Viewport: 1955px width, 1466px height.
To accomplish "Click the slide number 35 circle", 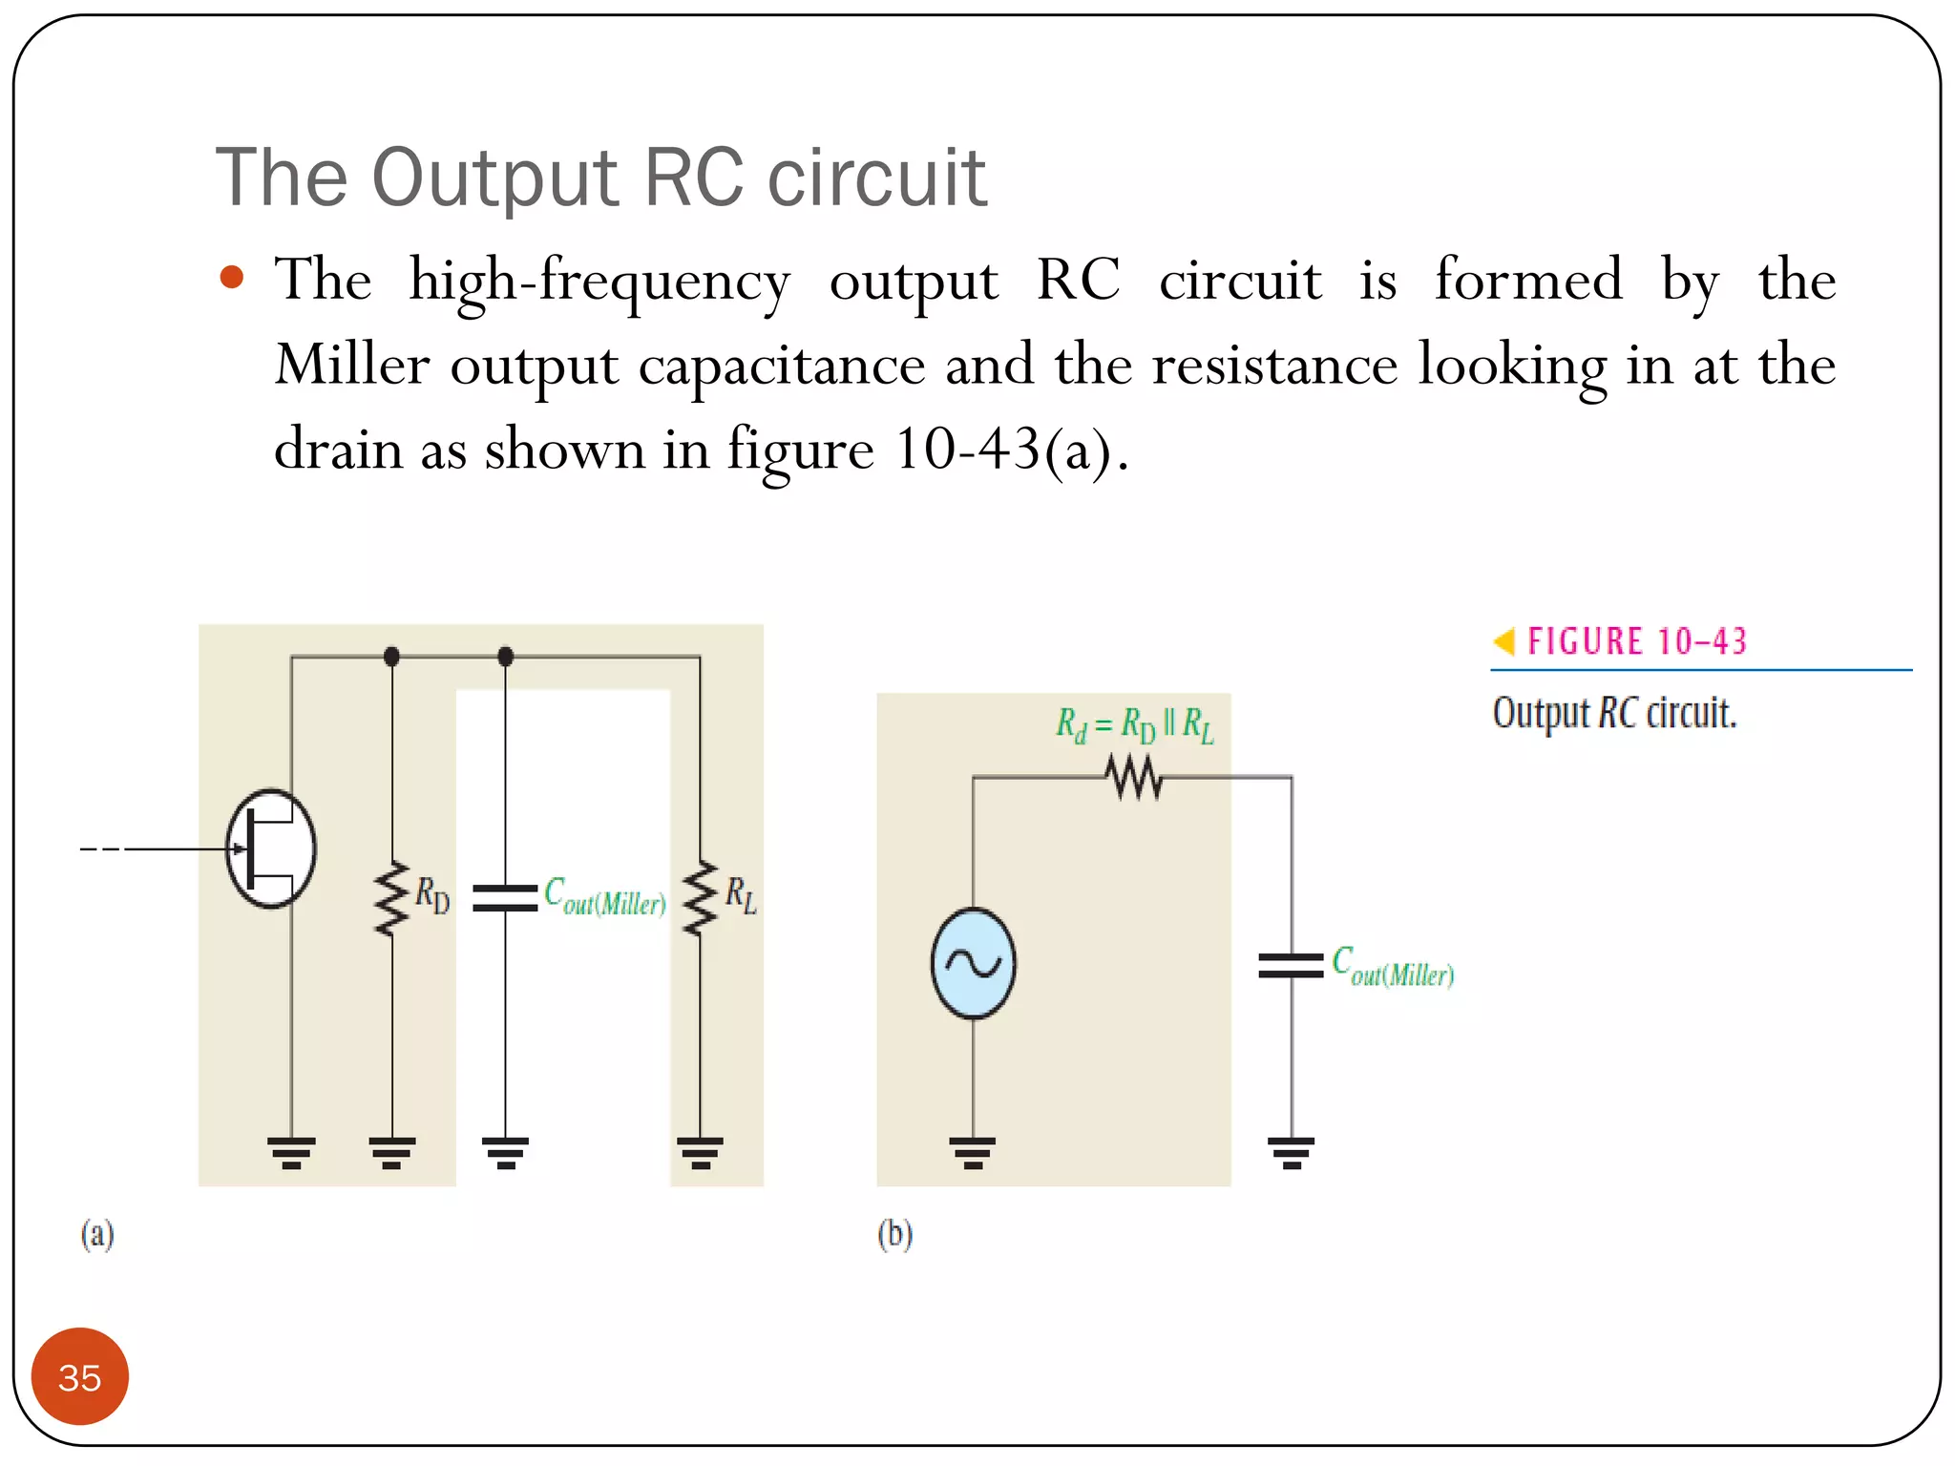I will [x=79, y=1376].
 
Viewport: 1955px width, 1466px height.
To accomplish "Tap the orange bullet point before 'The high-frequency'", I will [x=232, y=278].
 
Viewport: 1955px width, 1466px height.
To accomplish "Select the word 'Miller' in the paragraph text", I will [x=351, y=366].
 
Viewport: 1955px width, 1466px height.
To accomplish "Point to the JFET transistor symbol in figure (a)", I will [x=270, y=848].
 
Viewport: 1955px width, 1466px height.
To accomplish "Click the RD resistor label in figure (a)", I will [x=432, y=895].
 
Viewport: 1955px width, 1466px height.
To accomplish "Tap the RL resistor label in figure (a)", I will [x=741, y=895].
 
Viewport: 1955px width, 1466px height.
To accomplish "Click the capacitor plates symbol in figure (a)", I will [x=505, y=897].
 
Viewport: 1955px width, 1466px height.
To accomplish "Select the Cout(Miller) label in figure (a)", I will [x=604, y=897].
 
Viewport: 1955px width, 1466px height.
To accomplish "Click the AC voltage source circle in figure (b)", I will [x=973, y=963].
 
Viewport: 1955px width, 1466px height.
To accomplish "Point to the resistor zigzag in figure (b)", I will [x=1134, y=777].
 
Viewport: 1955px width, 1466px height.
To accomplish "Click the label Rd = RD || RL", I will [x=1134, y=725].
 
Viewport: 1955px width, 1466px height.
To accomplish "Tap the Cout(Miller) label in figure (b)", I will [x=1393, y=966].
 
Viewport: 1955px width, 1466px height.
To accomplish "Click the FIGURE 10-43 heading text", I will [x=1636, y=641].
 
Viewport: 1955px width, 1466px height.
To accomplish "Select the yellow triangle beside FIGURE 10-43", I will [x=1504, y=641].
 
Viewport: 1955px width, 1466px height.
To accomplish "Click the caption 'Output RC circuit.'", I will [x=1614, y=713].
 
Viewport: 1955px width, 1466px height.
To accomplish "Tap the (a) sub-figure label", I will [x=97, y=1234].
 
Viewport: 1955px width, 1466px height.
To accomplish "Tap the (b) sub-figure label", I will [x=894, y=1234].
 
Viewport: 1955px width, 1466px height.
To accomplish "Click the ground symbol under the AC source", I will [x=973, y=1152].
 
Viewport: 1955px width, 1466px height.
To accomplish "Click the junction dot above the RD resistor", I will [x=391, y=657].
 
